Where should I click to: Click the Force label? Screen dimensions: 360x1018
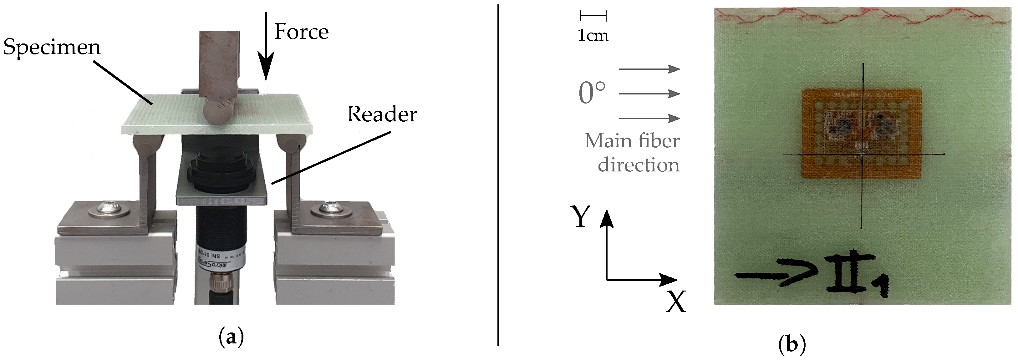point(301,32)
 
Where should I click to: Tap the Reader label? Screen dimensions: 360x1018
point(382,114)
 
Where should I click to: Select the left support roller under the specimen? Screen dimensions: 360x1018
point(149,143)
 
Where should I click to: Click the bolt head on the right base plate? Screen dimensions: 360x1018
point(332,210)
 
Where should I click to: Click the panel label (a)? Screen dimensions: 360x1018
point(231,338)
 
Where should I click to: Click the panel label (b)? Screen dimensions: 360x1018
point(792,345)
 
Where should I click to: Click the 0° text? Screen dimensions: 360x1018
point(592,93)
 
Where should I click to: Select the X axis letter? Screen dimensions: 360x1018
point(676,302)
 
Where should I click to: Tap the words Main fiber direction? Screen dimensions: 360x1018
point(632,153)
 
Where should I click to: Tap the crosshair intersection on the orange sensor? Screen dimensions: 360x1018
point(862,155)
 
